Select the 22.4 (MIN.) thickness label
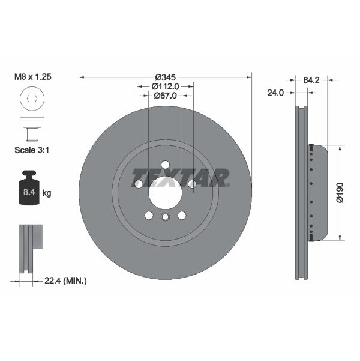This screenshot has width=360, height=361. [65, 281]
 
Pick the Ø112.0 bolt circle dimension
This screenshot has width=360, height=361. [165, 86]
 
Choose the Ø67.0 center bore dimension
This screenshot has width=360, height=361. [165, 96]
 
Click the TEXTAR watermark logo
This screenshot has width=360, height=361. [180, 178]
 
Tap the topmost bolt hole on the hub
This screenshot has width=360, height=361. [165, 165]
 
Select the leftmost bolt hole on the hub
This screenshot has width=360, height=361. [139, 184]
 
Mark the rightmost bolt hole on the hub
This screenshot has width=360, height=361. [191, 184]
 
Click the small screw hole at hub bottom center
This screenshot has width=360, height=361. [165, 217]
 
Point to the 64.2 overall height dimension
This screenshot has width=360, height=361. [311, 78]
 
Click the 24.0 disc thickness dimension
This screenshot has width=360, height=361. [275, 93]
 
